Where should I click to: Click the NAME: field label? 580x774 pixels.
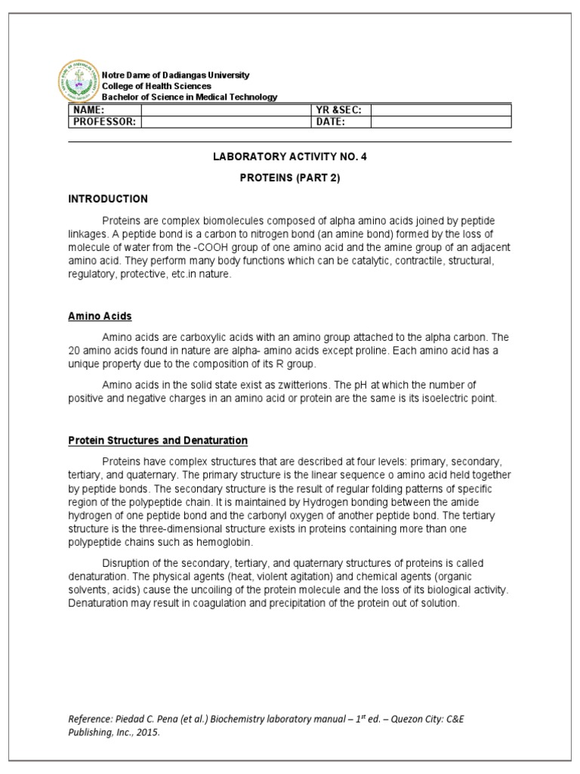(x=87, y=110)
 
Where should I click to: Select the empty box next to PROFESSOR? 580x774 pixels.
(x=226, y=121)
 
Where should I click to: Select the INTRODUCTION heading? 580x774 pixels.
(x=108, y=199)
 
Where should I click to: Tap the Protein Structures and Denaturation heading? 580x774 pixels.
(x=158, y=440)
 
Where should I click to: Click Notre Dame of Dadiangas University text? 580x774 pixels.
(x=176, y=76)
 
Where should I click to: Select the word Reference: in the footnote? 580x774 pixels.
(x=90, y=719)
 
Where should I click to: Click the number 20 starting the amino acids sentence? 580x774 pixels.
(x=75, y=351)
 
